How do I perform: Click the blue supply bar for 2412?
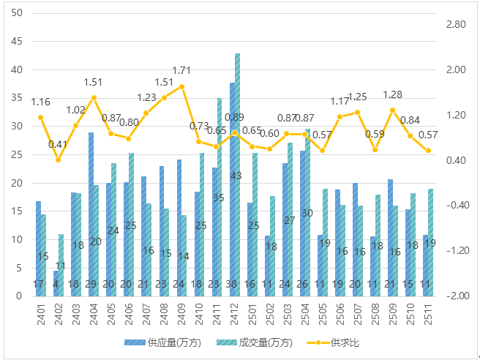(x=232, y=190)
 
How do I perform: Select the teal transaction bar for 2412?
(x=238, y=176)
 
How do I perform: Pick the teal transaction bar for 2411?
(x=220, y=198)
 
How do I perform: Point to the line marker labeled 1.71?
(x=182, y=86)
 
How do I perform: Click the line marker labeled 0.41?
(x=59, y=160)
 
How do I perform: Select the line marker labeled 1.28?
(x=393, y=110)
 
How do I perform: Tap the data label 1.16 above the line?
(x=41, y=102)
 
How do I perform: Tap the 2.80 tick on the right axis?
(x=455, y=25)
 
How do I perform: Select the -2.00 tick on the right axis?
(x=455, y=296)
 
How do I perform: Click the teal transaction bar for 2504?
(x=307, y=212)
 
